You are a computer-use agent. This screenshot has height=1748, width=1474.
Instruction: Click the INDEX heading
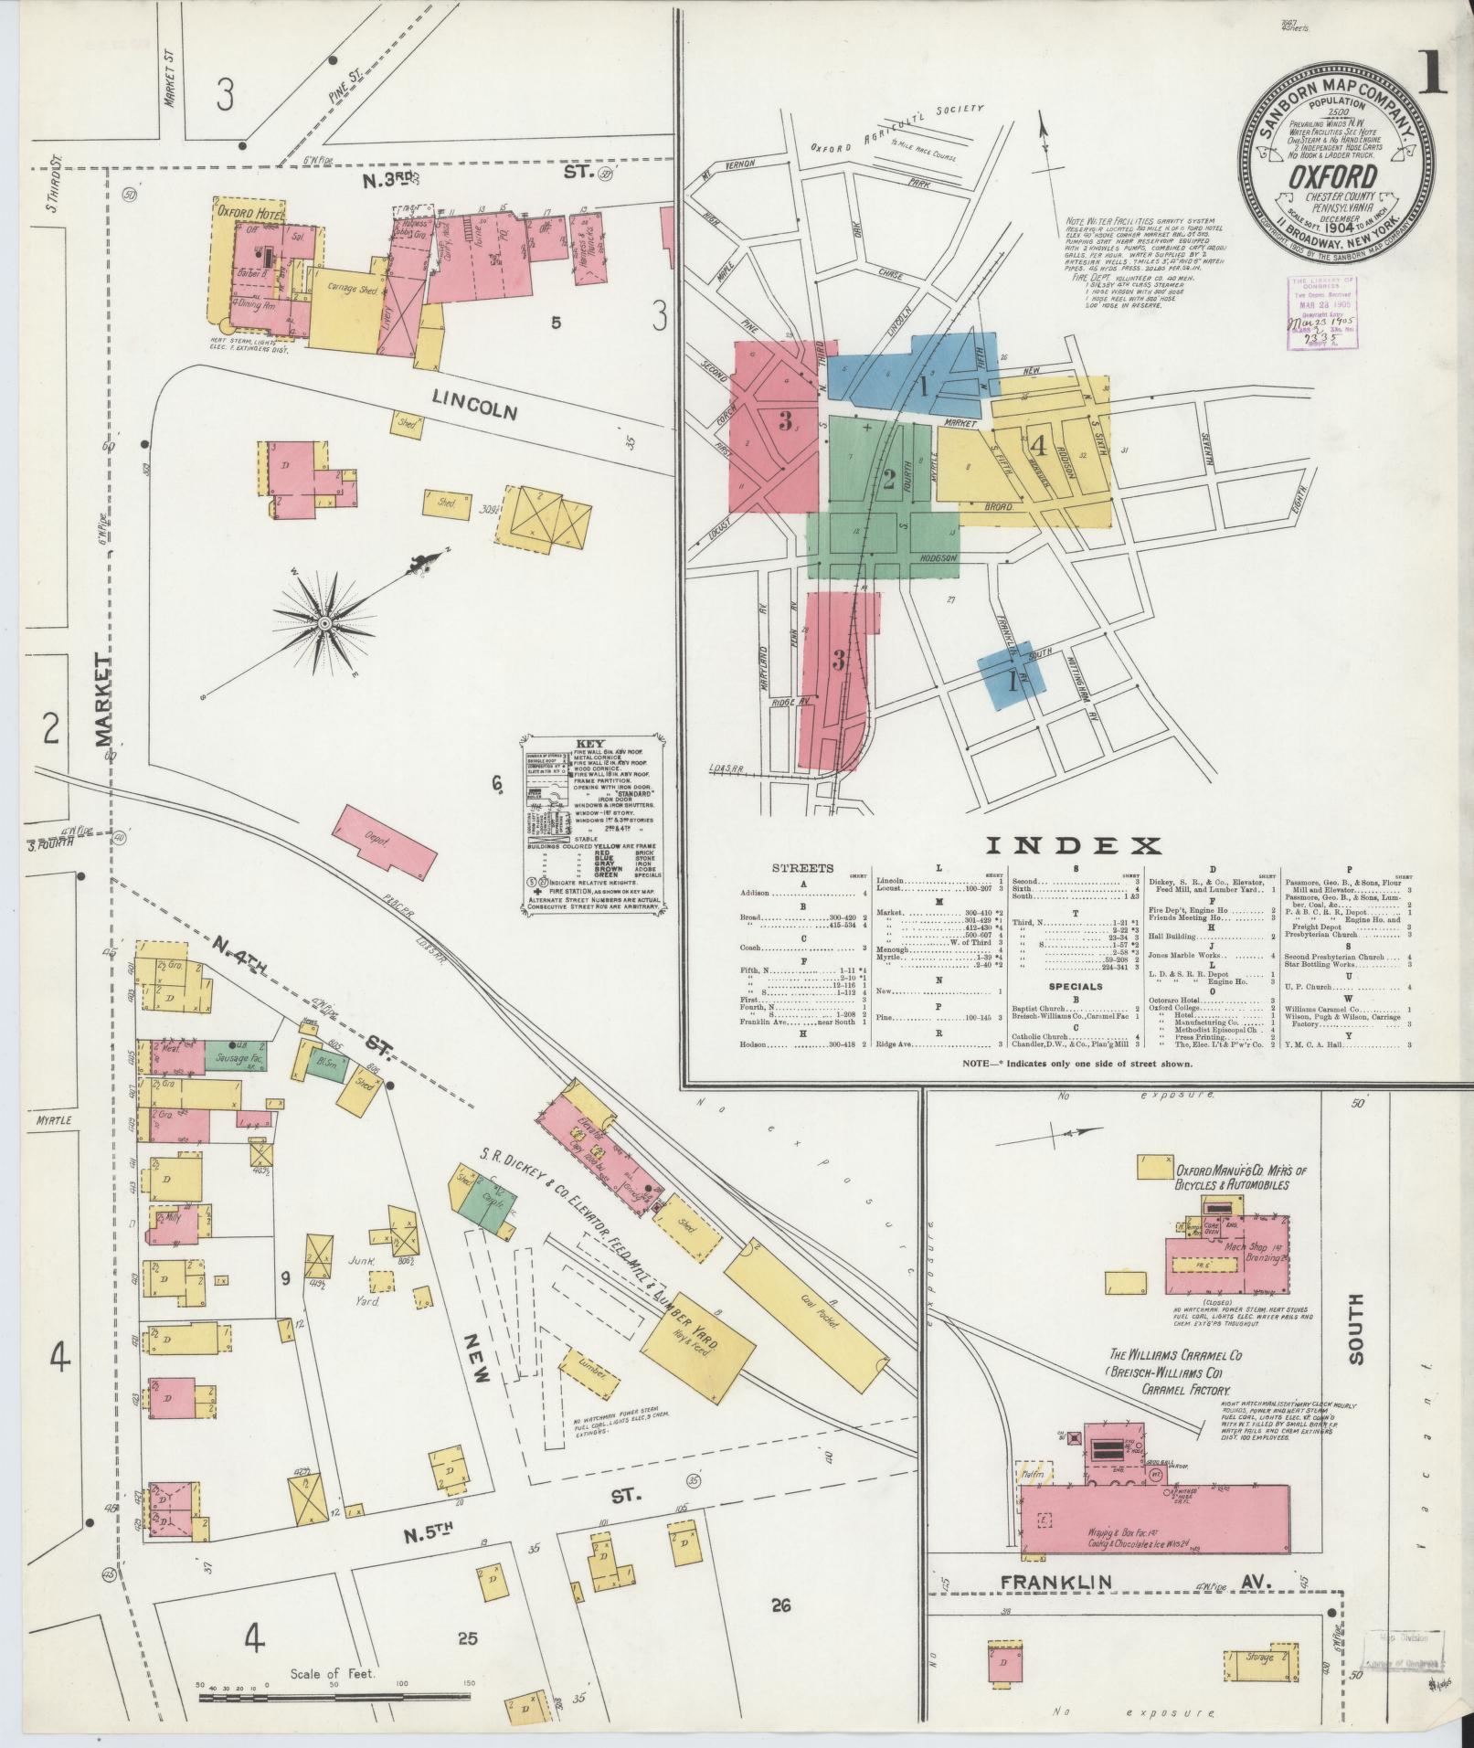(x=1073, y=845)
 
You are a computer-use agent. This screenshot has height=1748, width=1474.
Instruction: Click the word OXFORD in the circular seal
(x=1325, y=175)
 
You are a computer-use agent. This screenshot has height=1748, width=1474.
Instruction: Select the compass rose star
(x=323, y=623)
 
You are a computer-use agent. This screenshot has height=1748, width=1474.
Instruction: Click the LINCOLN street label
(x=475, y=406)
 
